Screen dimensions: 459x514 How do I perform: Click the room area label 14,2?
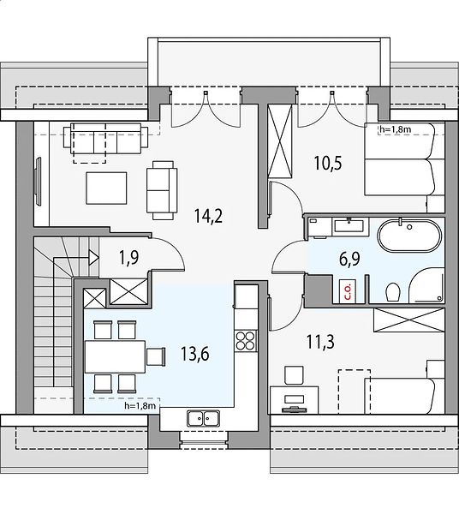[208, 216]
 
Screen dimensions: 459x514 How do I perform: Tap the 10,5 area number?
[328, 163]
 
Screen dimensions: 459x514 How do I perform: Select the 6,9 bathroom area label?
[349, 260]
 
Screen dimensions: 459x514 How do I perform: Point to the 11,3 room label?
[320, 342]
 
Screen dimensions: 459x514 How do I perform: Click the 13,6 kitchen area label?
[195, 355]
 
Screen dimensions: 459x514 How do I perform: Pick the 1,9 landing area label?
[128, 258]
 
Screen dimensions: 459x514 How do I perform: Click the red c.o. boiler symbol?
[348, 290]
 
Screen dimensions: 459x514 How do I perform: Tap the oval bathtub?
[409, 236]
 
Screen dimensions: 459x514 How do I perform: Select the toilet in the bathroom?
[393, 292]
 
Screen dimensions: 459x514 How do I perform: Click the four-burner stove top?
[246, 341]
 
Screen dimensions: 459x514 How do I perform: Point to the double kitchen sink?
[204, 419]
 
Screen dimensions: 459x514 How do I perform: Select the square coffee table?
[106, 188]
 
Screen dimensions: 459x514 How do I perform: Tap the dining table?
[115, 356]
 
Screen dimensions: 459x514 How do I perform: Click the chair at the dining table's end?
[156, 356]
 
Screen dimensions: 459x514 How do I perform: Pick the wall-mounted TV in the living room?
[39, 182]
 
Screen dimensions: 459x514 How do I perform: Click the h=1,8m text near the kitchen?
[140, 406]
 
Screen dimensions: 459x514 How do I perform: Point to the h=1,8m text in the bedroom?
[396, 129]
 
